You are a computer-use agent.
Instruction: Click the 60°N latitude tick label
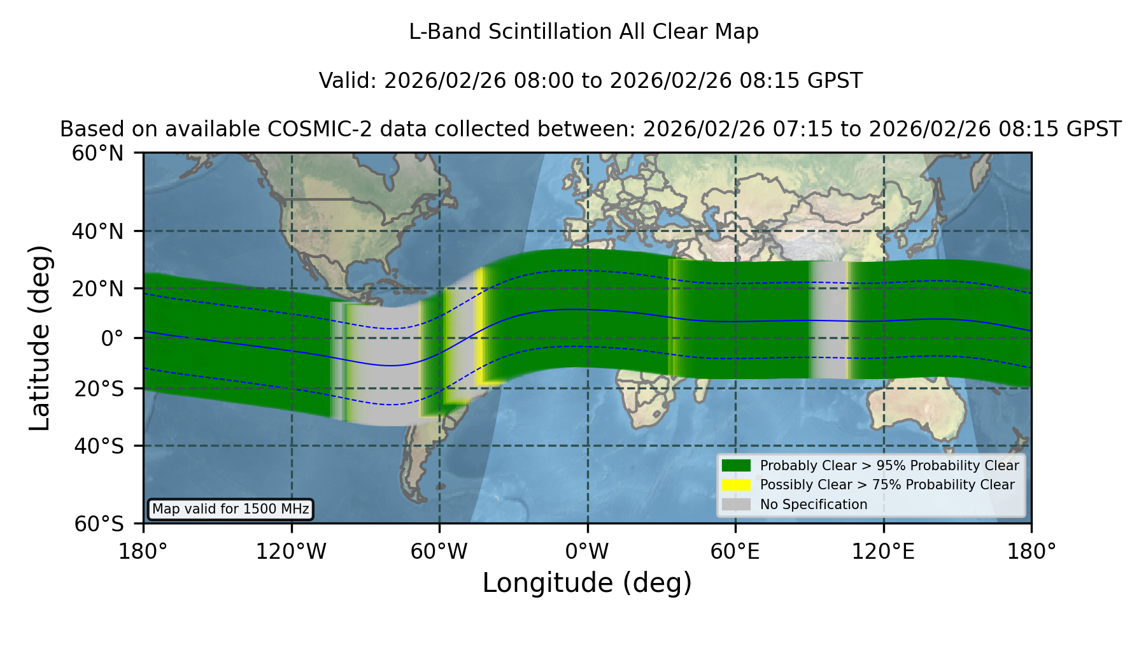click(97, 154)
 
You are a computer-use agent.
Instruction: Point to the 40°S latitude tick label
click(99, 446)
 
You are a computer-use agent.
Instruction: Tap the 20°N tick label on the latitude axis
click(97, 289)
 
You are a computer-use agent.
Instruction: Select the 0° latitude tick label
click(112, 338)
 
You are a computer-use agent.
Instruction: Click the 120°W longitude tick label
click(291, 551)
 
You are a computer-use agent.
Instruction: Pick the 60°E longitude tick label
click(735, 551)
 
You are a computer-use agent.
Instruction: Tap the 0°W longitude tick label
click(587, 551)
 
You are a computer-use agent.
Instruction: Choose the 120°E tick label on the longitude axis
click(883, 551)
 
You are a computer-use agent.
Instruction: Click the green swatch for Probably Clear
click(737, 465)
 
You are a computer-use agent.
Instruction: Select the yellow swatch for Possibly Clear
click(737, 485)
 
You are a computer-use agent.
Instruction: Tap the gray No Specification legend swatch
click(737, 504)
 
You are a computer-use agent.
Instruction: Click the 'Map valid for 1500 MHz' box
click(230, 509)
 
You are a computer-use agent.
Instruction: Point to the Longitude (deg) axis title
click(587, 583)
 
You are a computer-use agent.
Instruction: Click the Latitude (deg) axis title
click(39, 338)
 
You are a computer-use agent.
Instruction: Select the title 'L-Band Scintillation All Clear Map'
click(584, 32)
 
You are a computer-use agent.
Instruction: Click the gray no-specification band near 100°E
click(828, 320)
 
